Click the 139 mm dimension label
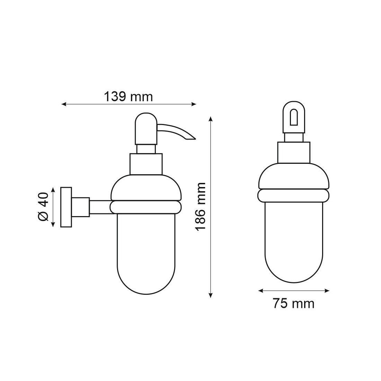coord(128,97)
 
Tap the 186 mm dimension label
coord(201,207)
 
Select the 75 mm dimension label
coord(293,304)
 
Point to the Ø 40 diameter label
coord(44,207)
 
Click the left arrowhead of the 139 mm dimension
coord(64,104)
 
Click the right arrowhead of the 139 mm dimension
coord(194,104)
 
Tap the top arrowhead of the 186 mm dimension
coord(211,119)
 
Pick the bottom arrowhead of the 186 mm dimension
coord(211,295)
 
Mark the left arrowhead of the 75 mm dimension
coord(261,291)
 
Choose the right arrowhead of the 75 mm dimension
coord(327,291)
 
